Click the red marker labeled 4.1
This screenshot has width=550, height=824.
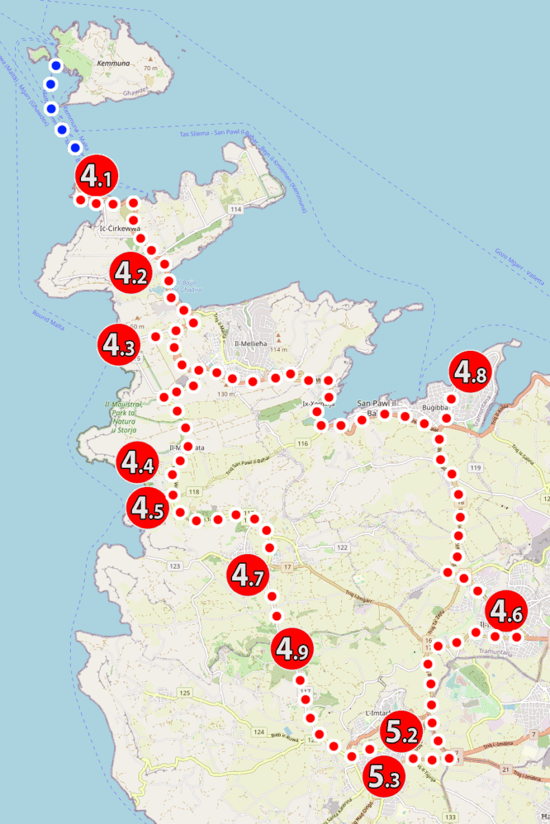click(x=97, y=176)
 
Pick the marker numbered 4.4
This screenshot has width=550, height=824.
click(x=137, y=462)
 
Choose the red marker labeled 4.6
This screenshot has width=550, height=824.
click(x=506, y=610)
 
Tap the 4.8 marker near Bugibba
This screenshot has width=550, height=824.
click(x=470, y=373)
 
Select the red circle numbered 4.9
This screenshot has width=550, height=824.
click(x=292, y=648)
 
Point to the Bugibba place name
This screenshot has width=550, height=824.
click(x=435, y=408)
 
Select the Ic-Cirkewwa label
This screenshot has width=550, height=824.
click(x=120, y=228)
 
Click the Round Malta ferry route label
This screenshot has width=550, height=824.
click(x=48, y=320)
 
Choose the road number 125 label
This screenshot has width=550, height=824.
click(x=184, y=693)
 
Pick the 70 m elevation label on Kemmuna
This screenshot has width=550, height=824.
click(x=151, y=68)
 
